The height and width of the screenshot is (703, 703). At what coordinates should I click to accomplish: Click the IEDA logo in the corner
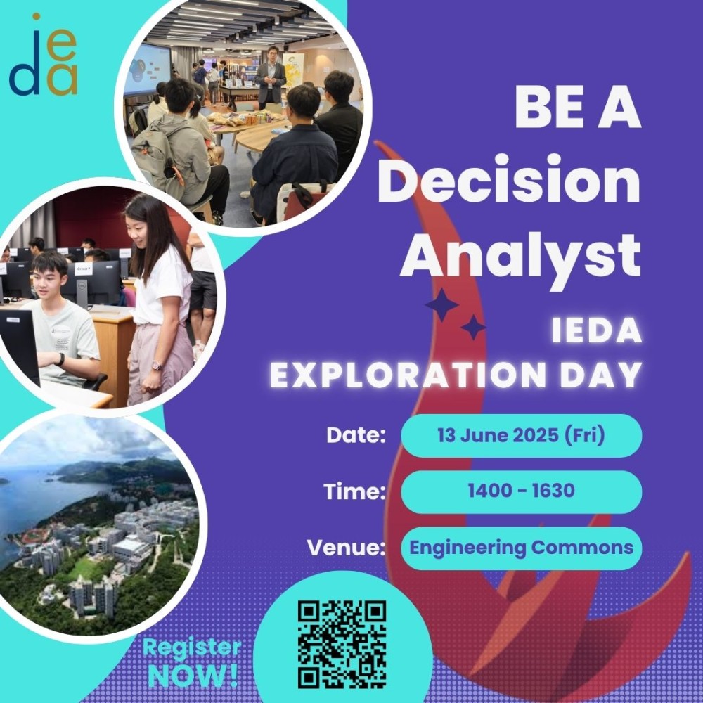point(44,55)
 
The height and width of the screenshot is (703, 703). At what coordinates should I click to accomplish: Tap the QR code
point(342,644)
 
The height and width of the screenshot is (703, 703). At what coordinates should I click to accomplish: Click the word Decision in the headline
point(509,179)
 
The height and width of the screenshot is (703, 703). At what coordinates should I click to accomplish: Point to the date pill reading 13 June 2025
point(521,436)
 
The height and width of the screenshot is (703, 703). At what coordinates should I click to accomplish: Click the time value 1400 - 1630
point(521,491)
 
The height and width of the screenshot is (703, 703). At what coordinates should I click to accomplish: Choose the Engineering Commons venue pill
point(521,548)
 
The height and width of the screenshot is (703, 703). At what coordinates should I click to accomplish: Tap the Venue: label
point(346,548)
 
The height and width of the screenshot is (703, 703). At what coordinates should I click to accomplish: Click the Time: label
point(354,491)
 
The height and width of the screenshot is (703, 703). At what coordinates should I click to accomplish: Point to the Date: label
point(356,435)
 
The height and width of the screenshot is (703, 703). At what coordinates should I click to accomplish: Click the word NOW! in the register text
point(193,676)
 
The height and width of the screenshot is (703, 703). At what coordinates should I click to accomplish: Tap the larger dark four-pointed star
point(441,305)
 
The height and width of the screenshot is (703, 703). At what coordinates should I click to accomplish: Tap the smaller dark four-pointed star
point(473,328)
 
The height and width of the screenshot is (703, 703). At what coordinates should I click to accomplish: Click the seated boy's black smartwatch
point(60,359)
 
